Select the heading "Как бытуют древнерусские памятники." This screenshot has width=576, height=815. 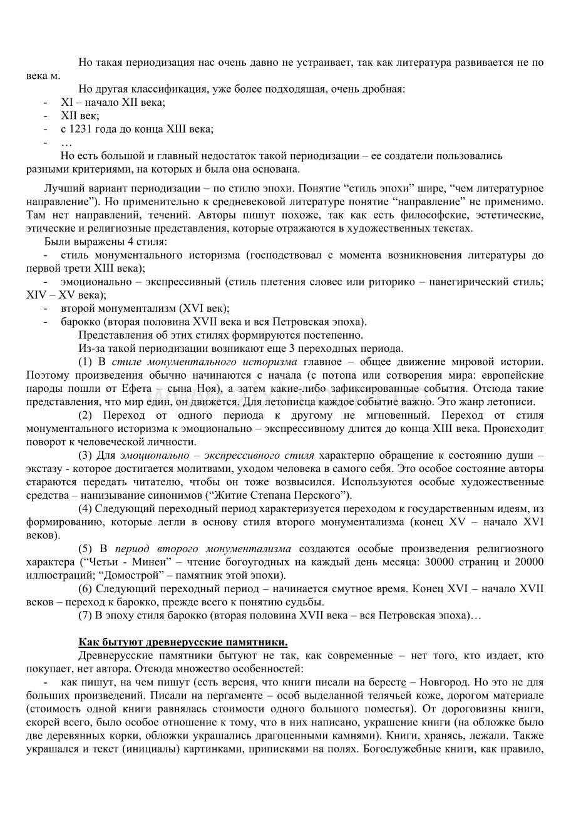coord(183,642)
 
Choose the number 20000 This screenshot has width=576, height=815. coord(528,561)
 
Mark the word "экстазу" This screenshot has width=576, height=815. coord(43,468)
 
